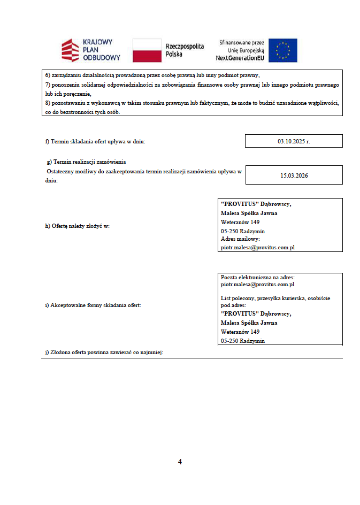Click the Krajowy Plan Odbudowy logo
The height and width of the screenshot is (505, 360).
coord(90,50)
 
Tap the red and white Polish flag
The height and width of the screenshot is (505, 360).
coord(147,50)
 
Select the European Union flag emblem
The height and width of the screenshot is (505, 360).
coord(282,50)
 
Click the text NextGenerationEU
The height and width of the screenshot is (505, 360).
coord(240,57)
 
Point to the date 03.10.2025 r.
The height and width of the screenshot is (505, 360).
coord(293,141)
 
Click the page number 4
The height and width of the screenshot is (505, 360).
coord(180,462)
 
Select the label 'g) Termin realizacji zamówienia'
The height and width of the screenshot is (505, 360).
coord(87,162)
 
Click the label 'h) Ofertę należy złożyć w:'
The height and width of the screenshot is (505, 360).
coord(77,226)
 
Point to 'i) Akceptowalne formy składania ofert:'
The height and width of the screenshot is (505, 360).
coord(89,305)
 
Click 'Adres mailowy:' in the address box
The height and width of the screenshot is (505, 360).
coord(240,239)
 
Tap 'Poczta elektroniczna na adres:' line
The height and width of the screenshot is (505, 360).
coord(258,277)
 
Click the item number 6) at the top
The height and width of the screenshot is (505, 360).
coord(47,75)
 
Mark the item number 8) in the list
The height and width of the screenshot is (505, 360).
coord(47,103)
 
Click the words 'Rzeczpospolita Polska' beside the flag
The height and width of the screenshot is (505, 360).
coord(185,50)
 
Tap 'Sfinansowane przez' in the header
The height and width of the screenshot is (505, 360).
coord(242,42)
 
